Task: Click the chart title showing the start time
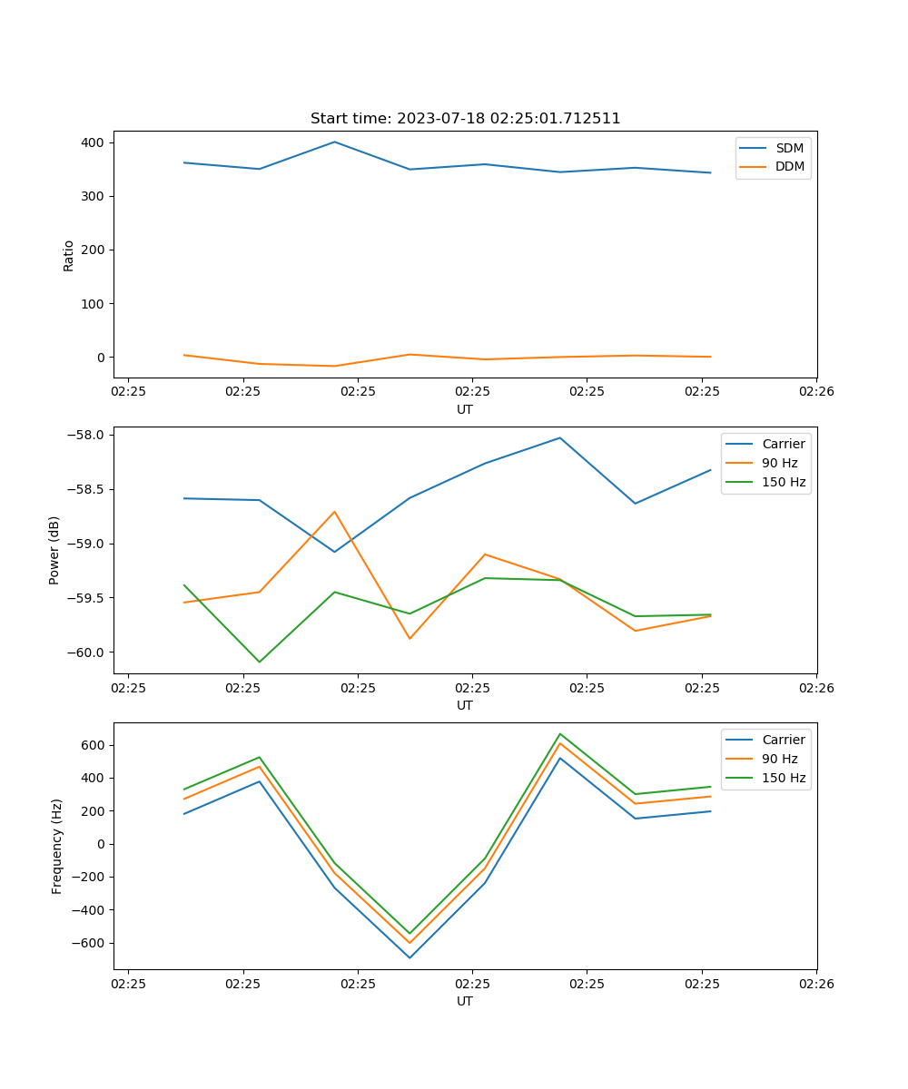point(465,119)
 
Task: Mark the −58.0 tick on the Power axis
point(87,435)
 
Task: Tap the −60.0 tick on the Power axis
point(87,652)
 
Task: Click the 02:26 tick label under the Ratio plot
point(815,392)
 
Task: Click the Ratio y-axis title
point(69,255)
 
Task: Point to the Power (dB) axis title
point(54,550)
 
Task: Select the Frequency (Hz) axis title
point(57,846)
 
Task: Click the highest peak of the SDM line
point(334,142)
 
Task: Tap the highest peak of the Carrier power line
point(560,437)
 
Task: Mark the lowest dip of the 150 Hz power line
point(260,662)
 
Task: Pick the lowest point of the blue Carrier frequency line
point(410,957)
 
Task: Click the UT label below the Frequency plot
point(465,1001)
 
